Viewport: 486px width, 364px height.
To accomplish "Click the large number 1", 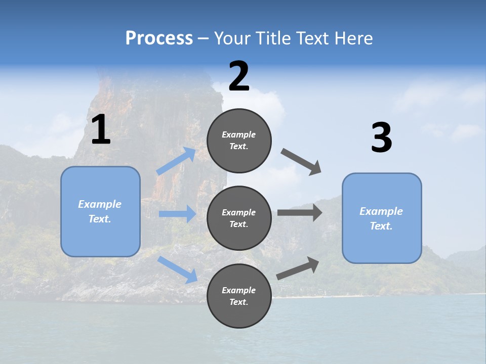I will tap(101, 130).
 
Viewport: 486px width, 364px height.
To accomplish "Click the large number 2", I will tap(239, 76).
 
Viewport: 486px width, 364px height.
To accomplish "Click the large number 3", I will tap(381, 138).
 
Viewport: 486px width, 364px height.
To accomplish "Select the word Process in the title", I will tap(159, 38).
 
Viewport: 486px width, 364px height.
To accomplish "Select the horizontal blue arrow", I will tap(177, 214).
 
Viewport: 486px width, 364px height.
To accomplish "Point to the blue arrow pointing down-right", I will tap(178, 269).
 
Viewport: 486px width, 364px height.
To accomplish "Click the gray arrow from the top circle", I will tap(302, 162).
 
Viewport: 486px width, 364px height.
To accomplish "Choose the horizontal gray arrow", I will tap(300, 213).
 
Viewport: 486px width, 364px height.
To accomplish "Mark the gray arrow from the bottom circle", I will tap(298, 268).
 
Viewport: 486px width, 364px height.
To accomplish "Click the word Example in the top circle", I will tap(239, 134).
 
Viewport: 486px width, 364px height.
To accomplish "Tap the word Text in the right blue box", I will tap(381, 226).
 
